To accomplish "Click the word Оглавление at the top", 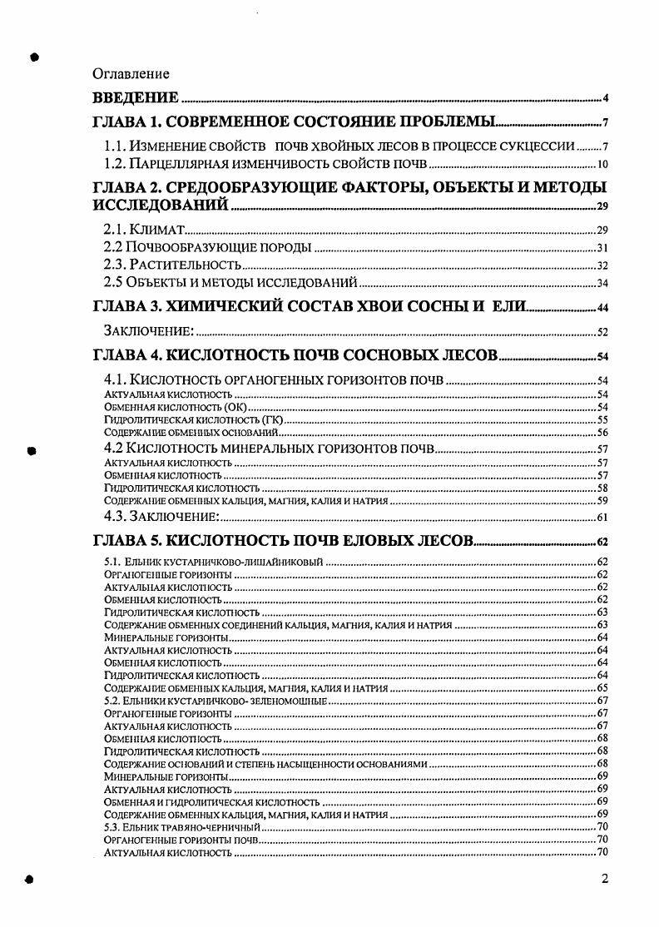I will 131,75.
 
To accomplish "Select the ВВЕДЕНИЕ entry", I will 135,97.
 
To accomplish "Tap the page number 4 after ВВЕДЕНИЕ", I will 607,98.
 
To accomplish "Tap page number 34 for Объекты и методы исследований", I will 603,284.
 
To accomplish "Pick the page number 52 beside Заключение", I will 603,332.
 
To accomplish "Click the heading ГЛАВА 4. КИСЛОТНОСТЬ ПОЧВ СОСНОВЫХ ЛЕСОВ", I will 295,356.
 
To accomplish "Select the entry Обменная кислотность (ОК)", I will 176,408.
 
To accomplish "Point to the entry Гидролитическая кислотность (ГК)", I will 192,421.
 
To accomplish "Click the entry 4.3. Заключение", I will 161,517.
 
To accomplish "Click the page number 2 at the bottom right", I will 605,880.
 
